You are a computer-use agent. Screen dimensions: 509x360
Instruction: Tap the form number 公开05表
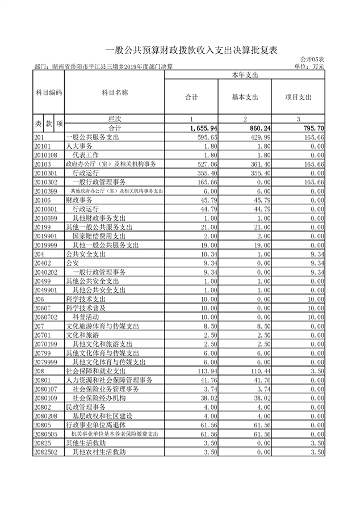(312, 60)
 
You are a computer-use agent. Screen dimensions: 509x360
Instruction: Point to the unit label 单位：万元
(309, 67)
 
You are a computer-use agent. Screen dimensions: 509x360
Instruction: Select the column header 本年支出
(245, 74)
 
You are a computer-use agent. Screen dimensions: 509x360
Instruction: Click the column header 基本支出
(245, 97)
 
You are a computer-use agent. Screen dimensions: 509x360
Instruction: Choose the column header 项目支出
(298, 97)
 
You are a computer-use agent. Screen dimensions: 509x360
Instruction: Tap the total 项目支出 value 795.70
(313, 129)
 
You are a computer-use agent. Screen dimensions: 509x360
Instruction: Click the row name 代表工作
(85, 155)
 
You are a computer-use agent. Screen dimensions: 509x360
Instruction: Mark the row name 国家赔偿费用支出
(99, 236)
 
